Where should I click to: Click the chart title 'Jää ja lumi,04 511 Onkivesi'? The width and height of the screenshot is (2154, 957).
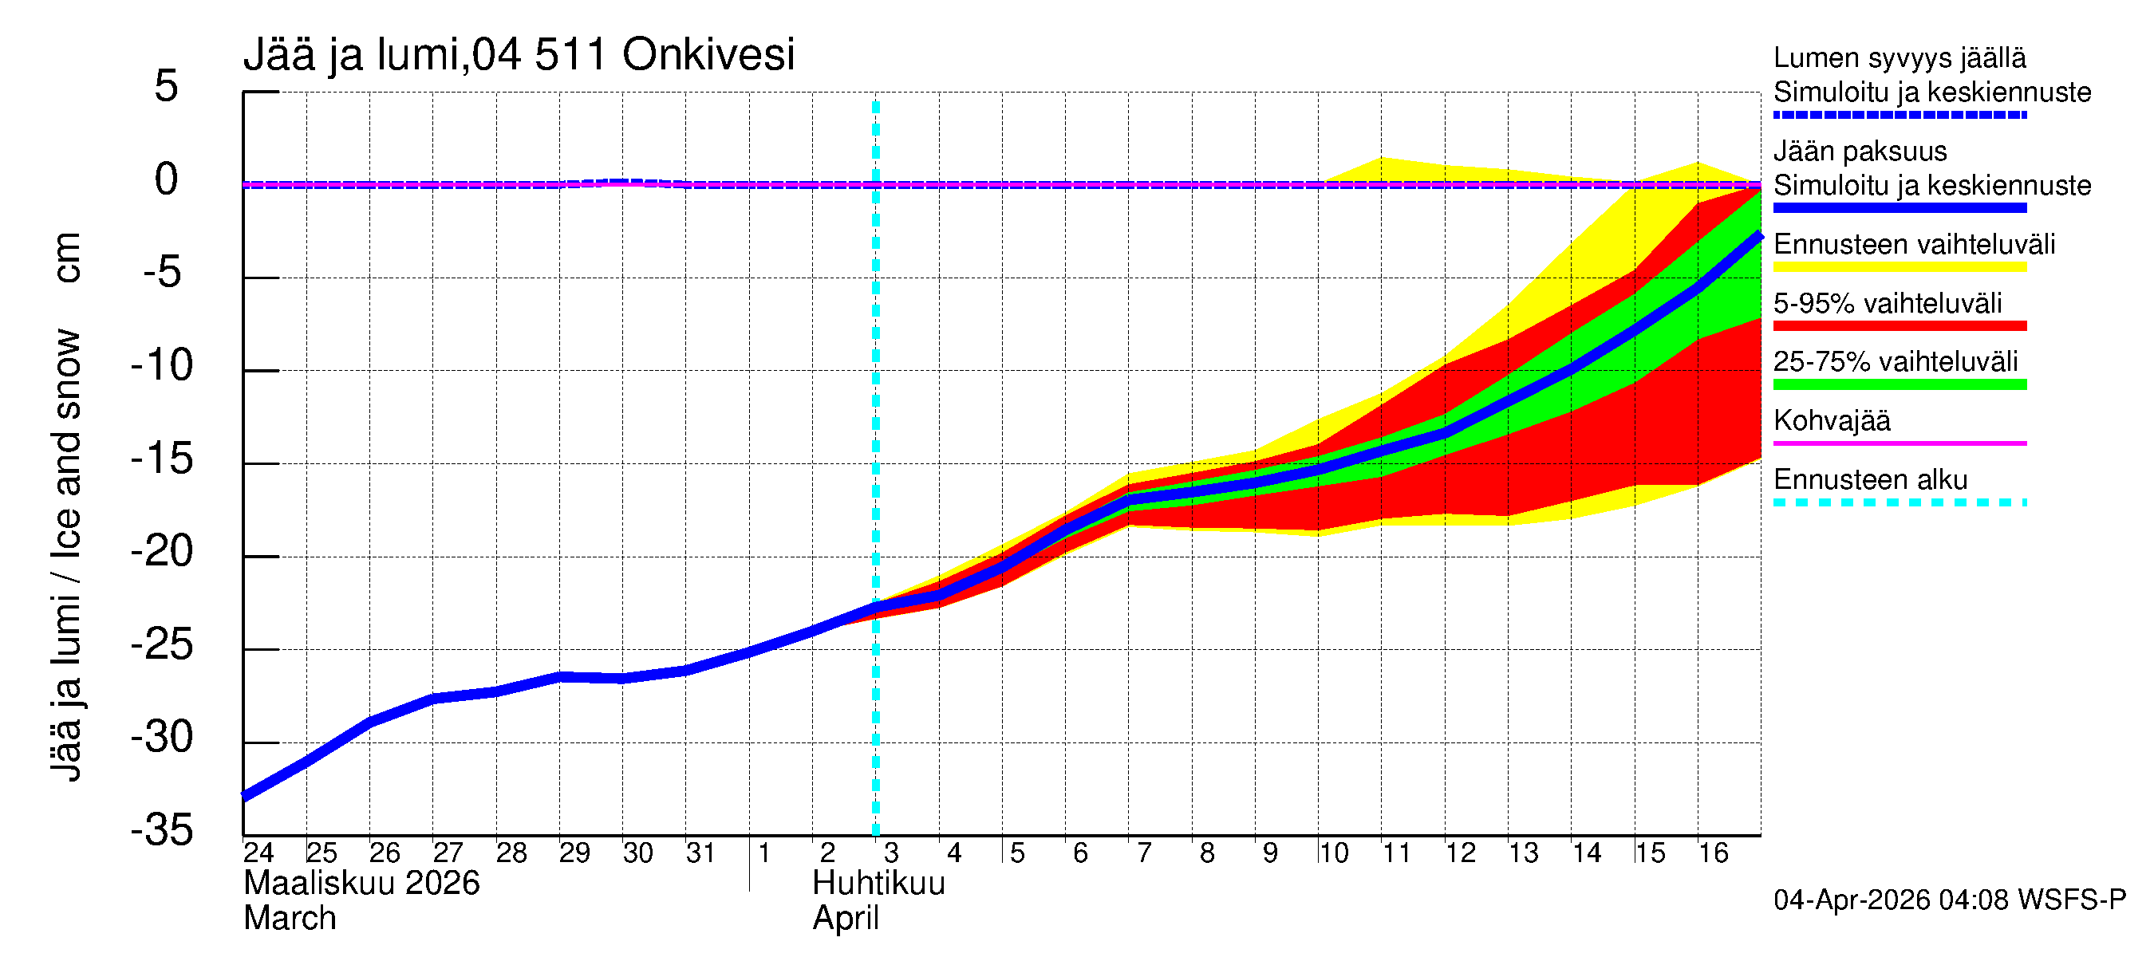click(519, 55)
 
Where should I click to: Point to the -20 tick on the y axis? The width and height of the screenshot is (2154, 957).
click(162, 552)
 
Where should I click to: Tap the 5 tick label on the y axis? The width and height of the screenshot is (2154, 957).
click(167, 86)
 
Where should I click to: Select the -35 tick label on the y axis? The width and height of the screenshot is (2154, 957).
click(162, 830)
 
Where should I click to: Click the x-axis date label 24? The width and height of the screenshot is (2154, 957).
click(258, 853)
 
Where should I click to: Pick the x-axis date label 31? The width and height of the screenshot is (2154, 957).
click(700, 853)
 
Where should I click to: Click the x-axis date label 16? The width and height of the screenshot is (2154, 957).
click(1713, 853)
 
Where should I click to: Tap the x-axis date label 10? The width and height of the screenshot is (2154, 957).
click(1333, 853)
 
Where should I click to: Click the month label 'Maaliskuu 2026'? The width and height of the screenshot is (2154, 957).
click(361, 884)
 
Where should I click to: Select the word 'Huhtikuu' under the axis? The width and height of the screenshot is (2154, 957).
click(878, 884)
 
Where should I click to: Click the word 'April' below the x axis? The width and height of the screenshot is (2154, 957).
click(846, 919)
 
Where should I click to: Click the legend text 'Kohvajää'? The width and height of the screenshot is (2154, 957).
click(1831, 420)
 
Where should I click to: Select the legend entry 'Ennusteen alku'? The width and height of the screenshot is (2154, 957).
click(1870, 480)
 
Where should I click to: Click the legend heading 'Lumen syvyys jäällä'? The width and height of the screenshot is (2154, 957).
click(1899, 57)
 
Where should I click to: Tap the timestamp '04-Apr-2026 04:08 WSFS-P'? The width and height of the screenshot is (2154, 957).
click(1949, 900)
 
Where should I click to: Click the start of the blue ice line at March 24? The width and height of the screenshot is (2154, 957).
click(245, 796)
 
